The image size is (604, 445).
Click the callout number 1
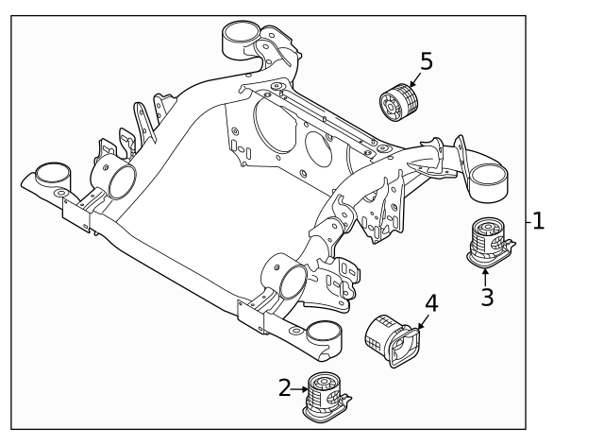[x=538, y=222]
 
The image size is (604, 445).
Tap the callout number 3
[x=486, y=298]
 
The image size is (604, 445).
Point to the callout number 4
[x=431, y=303]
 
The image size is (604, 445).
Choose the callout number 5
[x=426, y=62]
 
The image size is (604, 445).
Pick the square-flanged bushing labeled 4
[x=392, y=337]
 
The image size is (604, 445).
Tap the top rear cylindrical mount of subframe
[x=240, y=42]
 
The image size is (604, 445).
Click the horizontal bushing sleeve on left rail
[x=117, y=181]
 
